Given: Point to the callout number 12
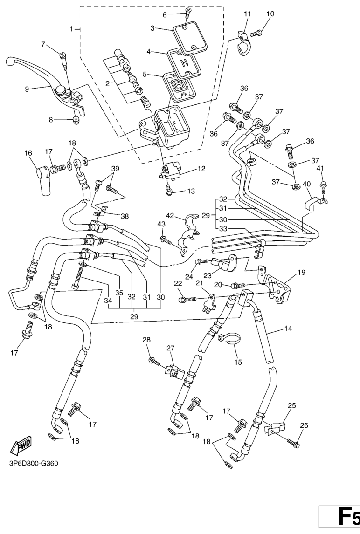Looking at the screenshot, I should tap(201, 169).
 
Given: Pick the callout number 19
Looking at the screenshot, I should tap(302, 272).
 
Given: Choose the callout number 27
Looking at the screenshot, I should tap(170, 348).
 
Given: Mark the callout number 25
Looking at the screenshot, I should tap(291, 406).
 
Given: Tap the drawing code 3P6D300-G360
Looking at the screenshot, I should tap(33, 464).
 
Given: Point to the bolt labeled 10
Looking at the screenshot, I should tap(256, 33).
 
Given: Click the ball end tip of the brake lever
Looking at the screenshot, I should tap(9, 61).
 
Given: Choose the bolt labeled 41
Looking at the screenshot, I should tap(322, 186).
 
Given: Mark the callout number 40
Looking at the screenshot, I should tap(307, 184).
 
